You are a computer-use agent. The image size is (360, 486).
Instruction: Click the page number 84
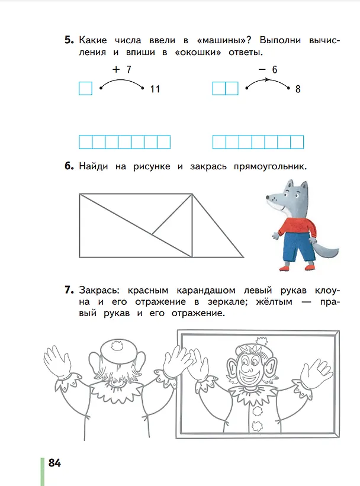(x=54, y=463)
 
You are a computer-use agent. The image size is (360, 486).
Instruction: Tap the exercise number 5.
(x=69, y=40)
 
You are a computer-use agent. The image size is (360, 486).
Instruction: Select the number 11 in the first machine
(x=155, y=89)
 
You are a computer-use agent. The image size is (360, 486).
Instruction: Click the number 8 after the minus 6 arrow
(x=298, y=89)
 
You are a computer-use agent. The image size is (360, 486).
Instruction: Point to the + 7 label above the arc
(x=122, y=69)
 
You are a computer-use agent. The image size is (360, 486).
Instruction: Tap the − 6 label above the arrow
(x=268, y=69)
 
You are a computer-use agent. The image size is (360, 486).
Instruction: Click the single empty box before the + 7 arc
(x=86, y=88)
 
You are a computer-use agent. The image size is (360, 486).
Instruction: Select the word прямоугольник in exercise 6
(x=270, y=166)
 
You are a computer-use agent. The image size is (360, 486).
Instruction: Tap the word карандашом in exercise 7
(x=206, y=291)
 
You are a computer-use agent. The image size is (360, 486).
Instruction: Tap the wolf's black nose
(x=268, y=197)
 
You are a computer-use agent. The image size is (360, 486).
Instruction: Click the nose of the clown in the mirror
(x=247, y=369)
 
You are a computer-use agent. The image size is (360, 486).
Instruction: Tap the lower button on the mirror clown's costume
(x=257, y=426)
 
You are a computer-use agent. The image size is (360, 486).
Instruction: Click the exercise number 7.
(x=69, y=290)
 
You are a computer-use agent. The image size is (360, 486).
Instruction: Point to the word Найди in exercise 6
(x=94, y=166)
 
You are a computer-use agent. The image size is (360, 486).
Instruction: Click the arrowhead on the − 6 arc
(x=266, y=80)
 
